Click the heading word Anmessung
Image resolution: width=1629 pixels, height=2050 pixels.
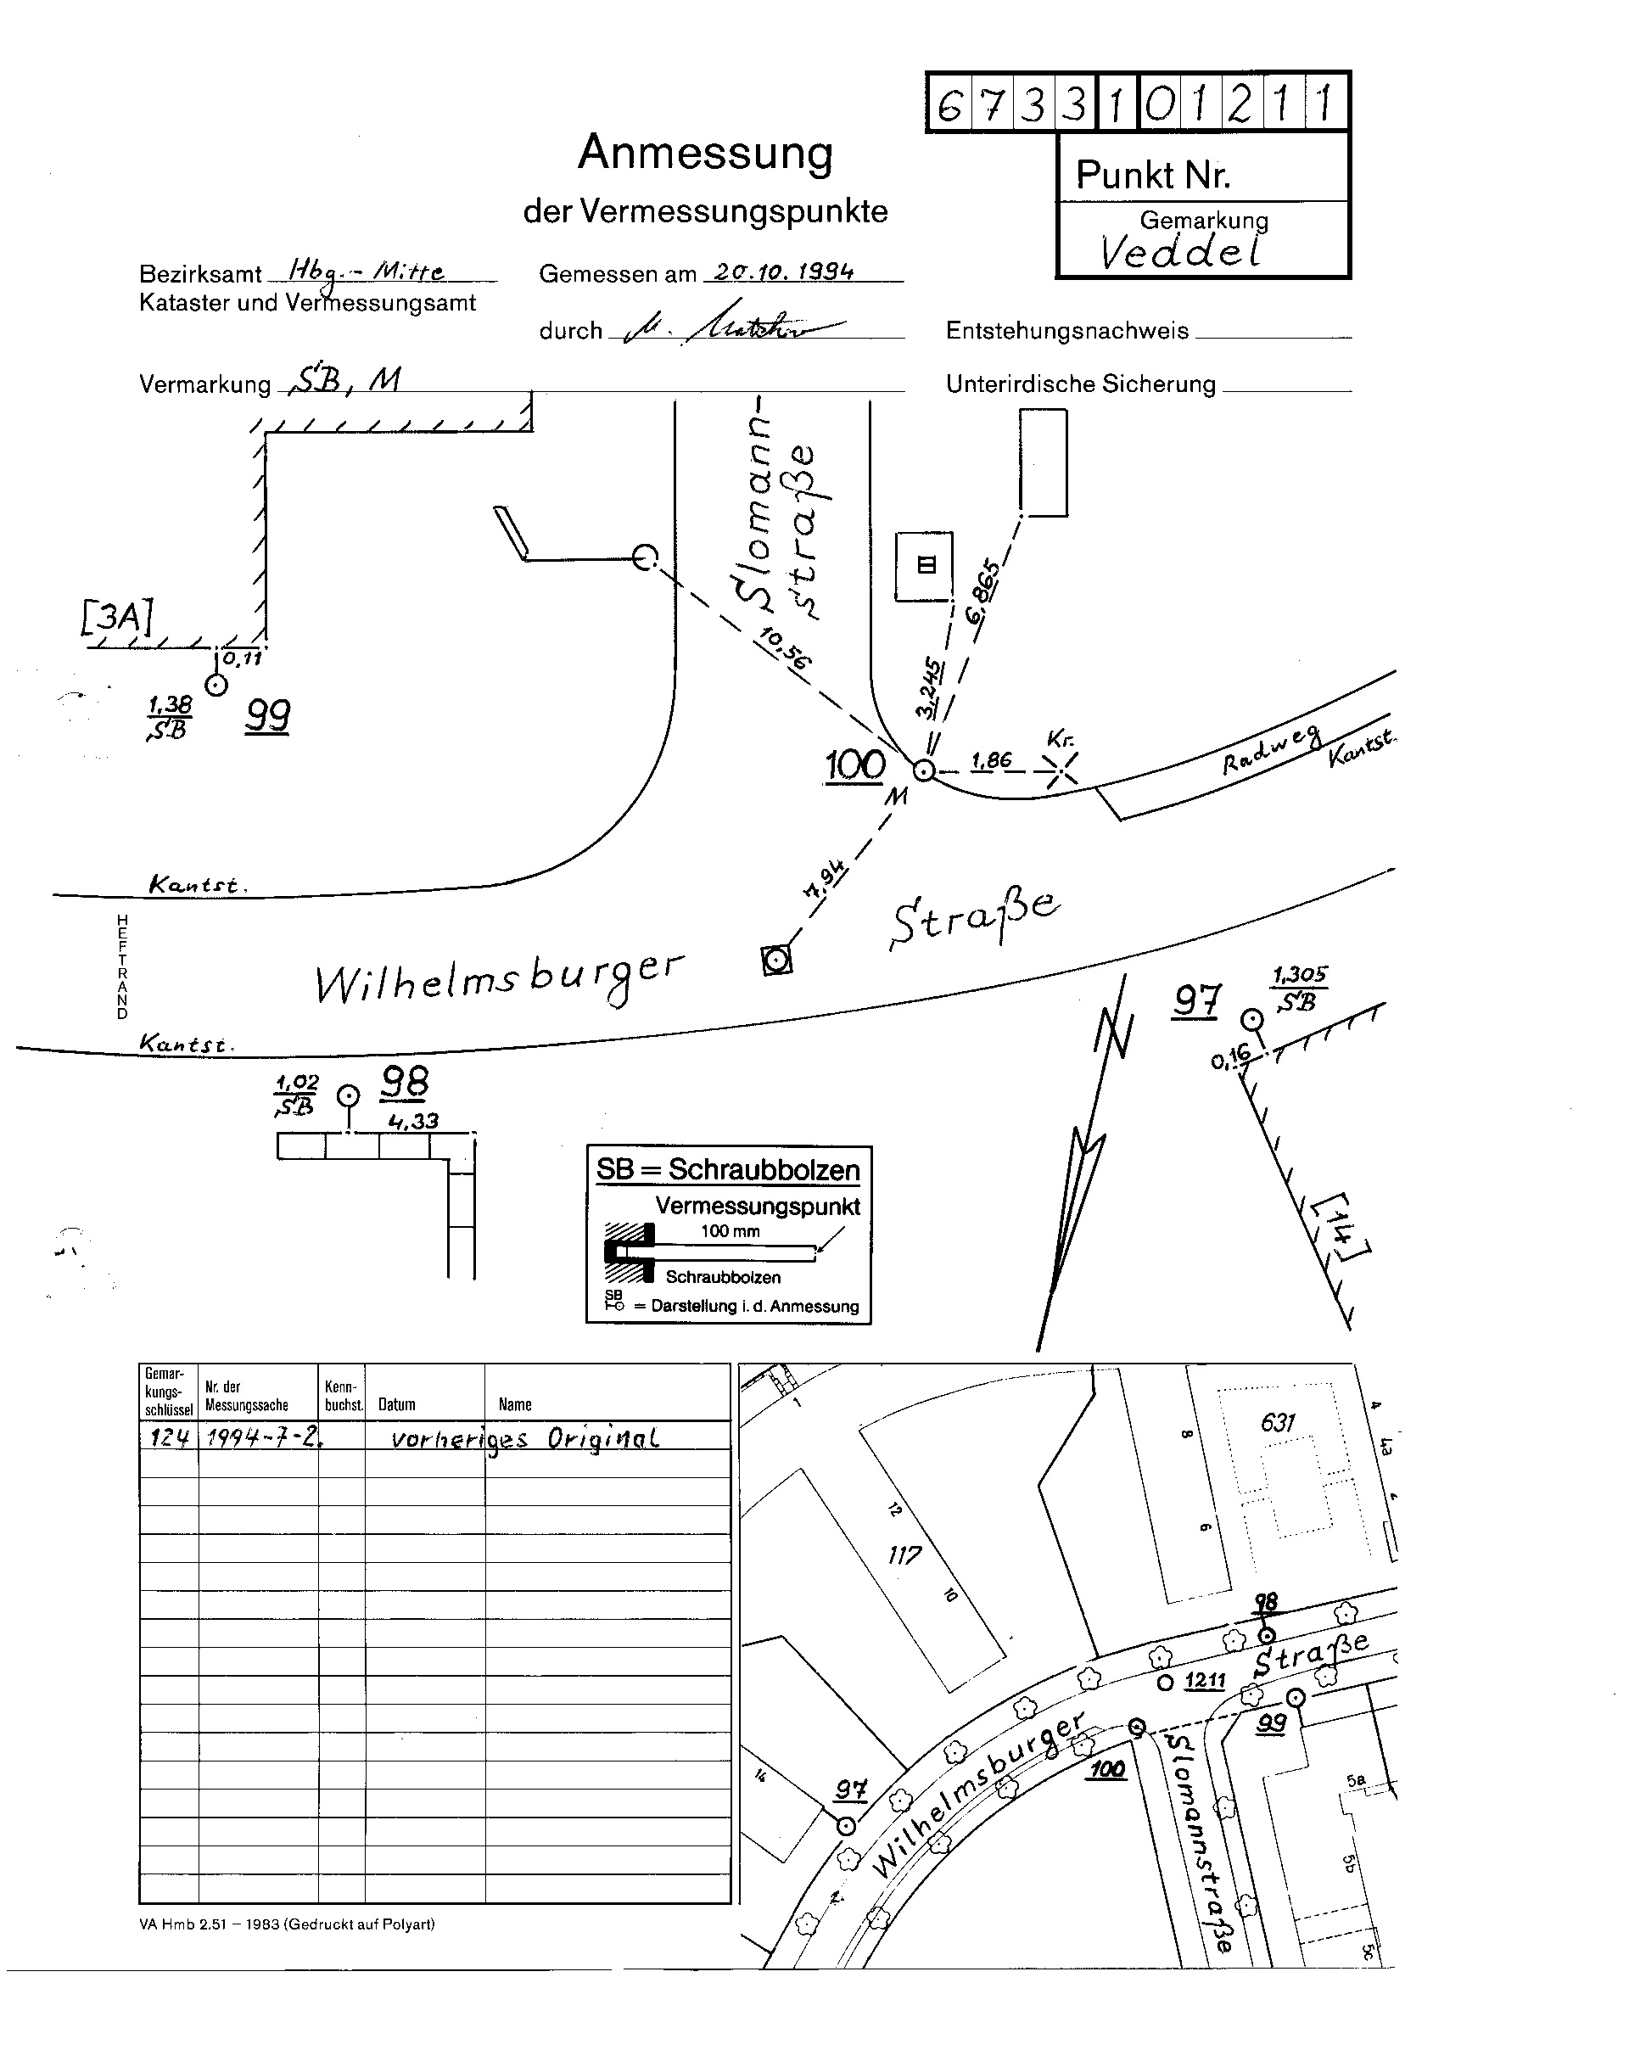(705, 153)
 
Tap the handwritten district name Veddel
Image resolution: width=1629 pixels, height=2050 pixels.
(1180, 252)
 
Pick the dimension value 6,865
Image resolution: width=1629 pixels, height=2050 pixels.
(983, 591)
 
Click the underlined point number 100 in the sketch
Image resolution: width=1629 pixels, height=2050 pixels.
(855, 765)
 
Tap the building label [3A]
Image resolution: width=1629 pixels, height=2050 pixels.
(117, 617)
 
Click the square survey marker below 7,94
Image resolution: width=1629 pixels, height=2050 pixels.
(777, 961)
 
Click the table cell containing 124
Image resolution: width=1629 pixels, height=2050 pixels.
(170, 1437)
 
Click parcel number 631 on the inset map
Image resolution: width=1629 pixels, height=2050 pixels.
(1277, 1422)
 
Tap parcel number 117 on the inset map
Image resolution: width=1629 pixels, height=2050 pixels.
(904, 1555)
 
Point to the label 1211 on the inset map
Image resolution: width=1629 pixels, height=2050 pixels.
(1205, 1681)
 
